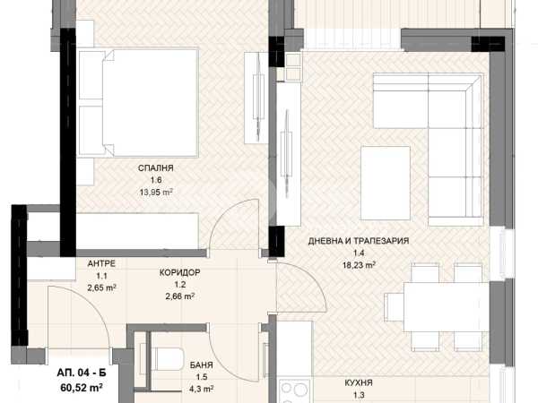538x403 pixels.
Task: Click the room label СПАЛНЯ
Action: [155, 168]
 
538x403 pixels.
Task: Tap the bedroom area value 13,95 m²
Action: [156, 192]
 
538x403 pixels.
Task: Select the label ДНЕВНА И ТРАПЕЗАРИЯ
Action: [359, 241]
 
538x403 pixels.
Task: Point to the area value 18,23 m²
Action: [359, 265]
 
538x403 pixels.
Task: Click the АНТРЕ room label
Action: [101, 263]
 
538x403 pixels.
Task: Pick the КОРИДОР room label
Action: [180, 273]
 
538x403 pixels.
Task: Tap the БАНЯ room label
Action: [202, 365]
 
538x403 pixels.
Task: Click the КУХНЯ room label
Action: [359, 382]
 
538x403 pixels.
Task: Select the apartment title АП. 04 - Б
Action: [82, 373]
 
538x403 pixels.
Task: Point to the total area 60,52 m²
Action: [82, 388]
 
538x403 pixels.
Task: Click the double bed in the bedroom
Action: [139, 103]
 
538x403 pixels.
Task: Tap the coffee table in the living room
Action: [386, 183]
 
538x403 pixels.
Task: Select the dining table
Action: [446, 306]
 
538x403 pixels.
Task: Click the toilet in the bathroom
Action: [167, 359]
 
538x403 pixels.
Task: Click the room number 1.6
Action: [156, 180]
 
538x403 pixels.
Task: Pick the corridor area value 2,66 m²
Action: [180, 296]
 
